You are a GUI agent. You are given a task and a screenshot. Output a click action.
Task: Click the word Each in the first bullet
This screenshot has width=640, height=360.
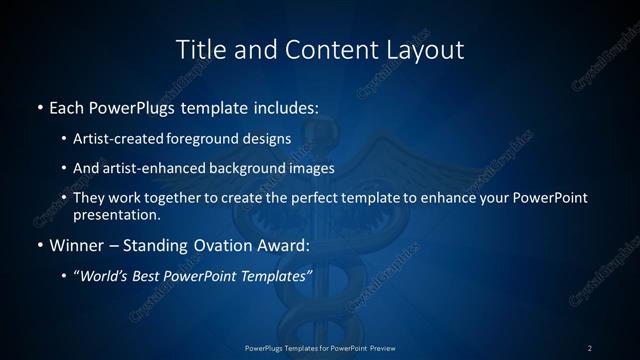pyautogui.click(x=68, y=106)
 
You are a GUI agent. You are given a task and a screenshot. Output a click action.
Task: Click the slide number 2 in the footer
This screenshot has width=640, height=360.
pyautogui.click(x=590, y=348)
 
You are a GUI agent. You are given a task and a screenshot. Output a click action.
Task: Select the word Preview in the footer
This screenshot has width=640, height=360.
pyautogui.click(x=381, y=348)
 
